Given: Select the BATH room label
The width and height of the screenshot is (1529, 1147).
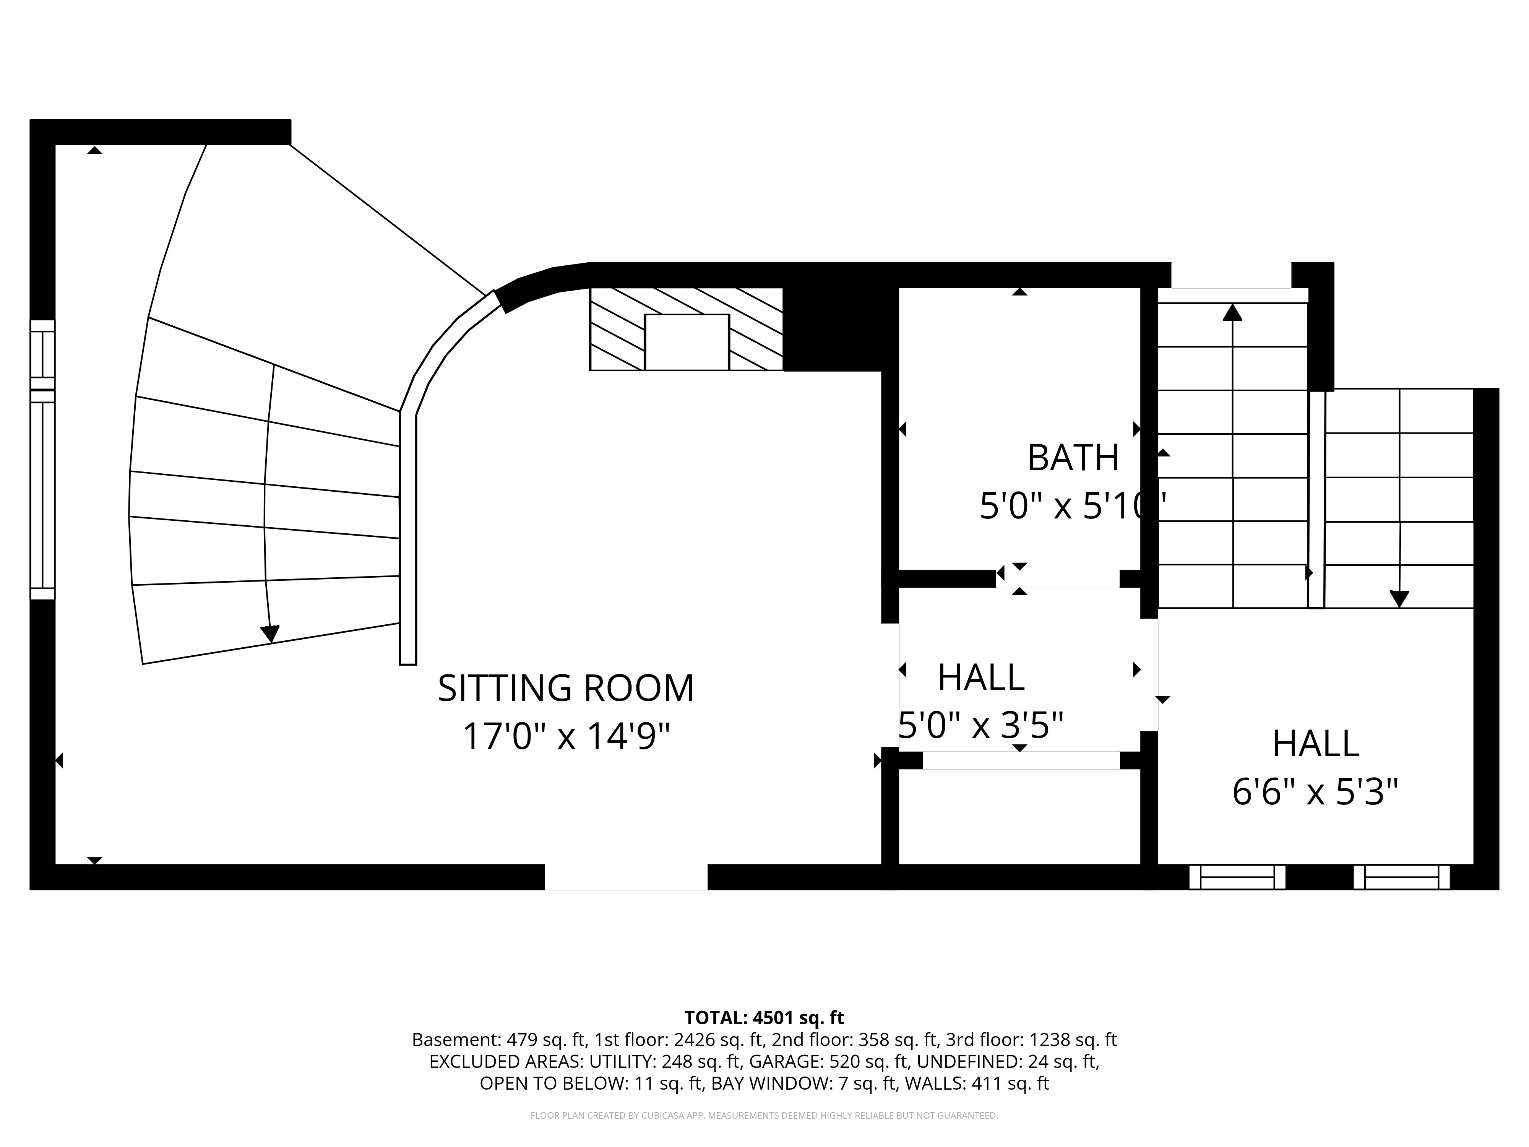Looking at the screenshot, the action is pyautogui.click(x=1073, y=458).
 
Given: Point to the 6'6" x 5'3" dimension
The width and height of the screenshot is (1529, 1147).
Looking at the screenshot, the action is pyautogui.click(x=1315, y=792).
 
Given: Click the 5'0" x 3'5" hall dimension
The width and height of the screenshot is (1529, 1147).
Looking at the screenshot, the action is pyautogui.click(x=980, y=725).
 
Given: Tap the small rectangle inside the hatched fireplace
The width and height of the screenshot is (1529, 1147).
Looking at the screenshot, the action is pyautogui.click(x=687, y=342).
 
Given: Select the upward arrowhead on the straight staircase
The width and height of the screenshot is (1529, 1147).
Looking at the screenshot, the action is pyautogui.click(x=1232, y=312).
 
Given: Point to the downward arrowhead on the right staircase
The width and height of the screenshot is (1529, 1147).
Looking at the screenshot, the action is pyautogui.click(x=1399, y=599).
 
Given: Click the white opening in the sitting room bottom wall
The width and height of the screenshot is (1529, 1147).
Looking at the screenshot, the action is pyautogui.click(x=626, y=877).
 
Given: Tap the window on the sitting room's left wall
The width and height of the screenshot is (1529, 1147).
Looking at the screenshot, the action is pyautogui.click(x=42, y=460).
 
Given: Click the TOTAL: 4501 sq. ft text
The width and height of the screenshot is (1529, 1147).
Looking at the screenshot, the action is pyautogui.click(x=764, y=1018).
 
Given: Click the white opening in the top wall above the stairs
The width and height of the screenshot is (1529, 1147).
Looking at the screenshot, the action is pyautogui.click(x=1231, y=275).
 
